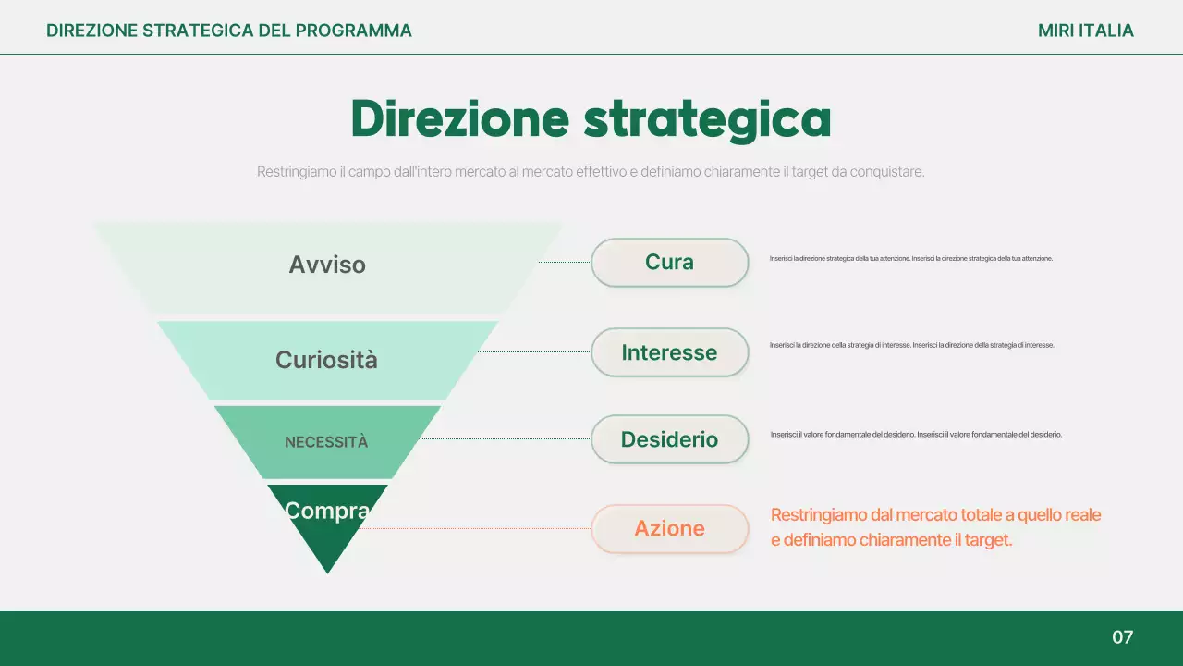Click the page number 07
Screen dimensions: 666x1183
coord(1122,637)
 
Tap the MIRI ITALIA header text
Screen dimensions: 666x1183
coord(1085,31)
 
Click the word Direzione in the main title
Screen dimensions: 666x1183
coord(458,118)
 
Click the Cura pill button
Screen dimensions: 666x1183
coord(669,263)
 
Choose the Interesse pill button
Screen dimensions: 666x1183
coord(669,352)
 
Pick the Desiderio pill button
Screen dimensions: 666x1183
coord(669,439)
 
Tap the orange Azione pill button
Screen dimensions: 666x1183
coord(669,529)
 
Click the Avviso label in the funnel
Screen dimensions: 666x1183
coord(327,265)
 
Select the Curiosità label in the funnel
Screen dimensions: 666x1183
coord(326,360)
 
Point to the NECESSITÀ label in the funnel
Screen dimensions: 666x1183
coord(326,442)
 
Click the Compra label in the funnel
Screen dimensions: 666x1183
coord(327,511)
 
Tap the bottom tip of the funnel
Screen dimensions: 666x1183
coord(328,566)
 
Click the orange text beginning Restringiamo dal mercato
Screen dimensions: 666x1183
coord(935,527)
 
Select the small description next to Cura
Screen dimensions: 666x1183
coord(910,259)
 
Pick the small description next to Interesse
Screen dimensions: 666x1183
coord(911,345)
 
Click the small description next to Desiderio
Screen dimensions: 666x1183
coord(916,435)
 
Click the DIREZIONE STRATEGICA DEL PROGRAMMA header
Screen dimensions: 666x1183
coord(229,31)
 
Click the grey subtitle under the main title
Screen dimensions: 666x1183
coord(591,172)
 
